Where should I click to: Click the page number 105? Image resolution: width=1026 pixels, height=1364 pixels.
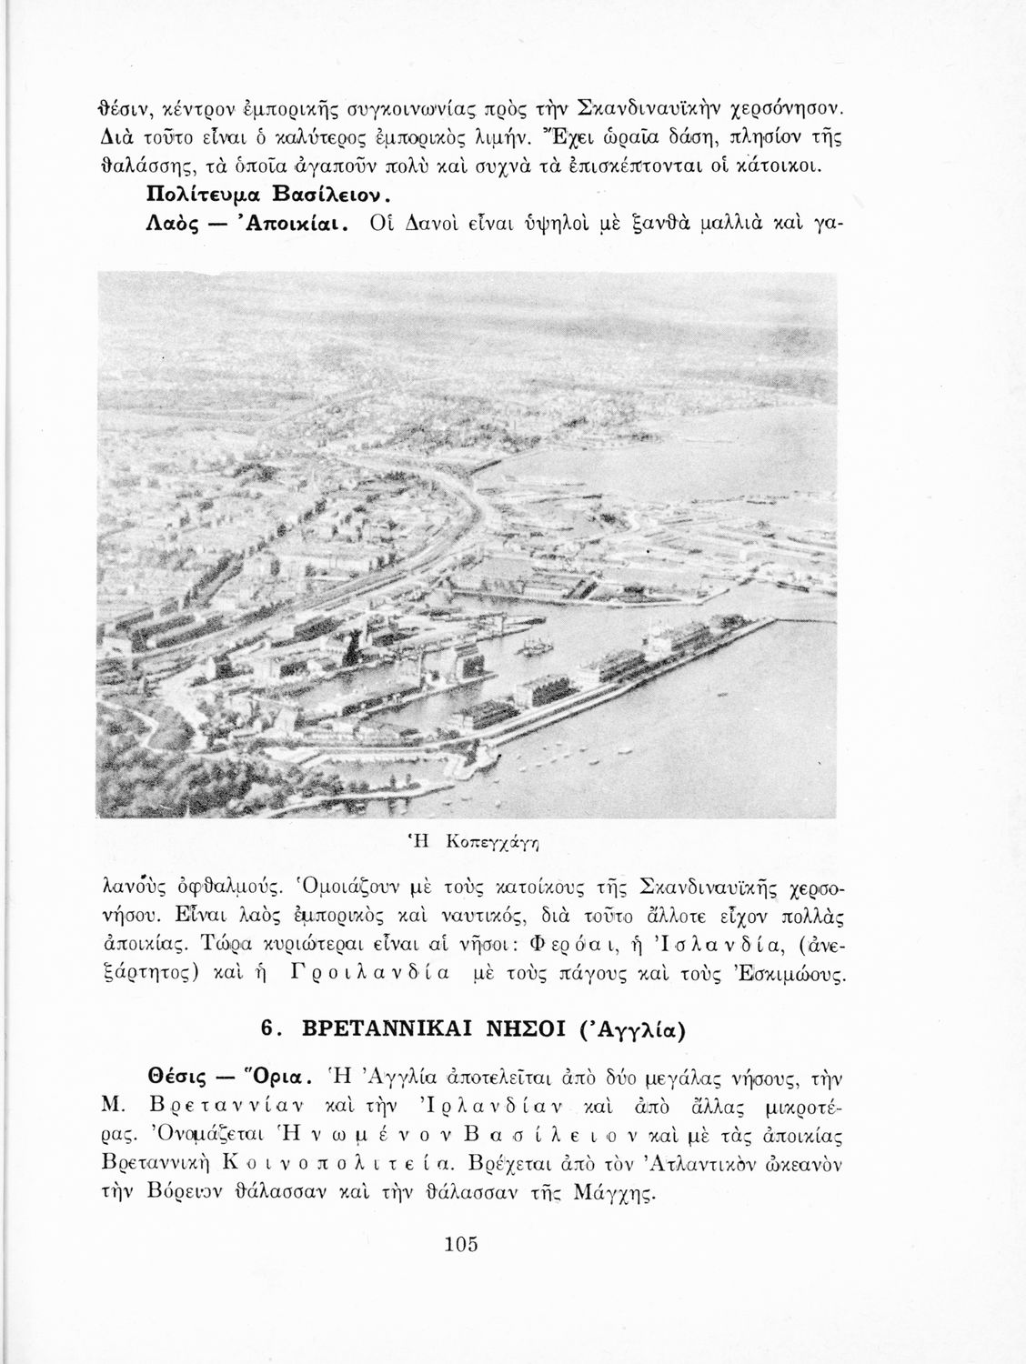coord(462,1244)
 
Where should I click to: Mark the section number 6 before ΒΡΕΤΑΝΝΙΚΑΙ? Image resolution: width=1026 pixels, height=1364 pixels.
coord(266,1028)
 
